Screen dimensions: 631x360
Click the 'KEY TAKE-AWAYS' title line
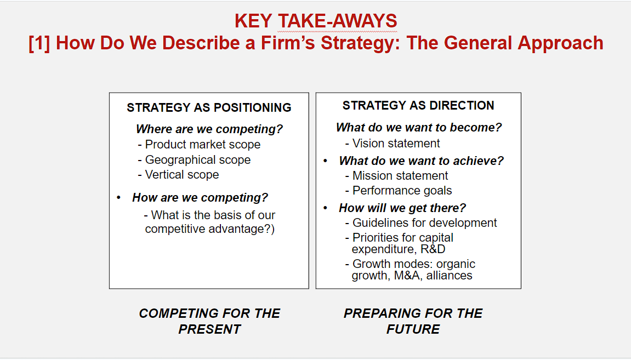(316, 21)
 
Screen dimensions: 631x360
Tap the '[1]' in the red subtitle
(39, 43)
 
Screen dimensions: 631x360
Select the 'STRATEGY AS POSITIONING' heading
(209, 107)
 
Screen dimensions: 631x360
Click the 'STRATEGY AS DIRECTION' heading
(418, 105)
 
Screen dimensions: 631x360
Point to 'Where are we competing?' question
(209, 129)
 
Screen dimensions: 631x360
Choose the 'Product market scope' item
(202, 145)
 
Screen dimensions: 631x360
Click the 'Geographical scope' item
(197, 159)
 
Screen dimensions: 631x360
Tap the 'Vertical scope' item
(182, 175)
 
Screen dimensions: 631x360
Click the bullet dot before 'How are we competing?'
(119, 197)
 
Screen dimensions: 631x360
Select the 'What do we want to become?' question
(419, 128)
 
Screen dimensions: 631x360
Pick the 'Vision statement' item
(396, 143)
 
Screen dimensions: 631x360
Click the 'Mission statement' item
(400, 176)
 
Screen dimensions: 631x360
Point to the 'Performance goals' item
(402, 190)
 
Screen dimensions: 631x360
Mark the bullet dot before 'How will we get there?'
(326, 208)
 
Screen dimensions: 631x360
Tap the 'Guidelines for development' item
(424, 223)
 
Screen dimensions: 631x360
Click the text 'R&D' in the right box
(433, 249)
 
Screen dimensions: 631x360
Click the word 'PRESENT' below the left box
(209, 329)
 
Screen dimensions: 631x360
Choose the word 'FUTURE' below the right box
(413, 329)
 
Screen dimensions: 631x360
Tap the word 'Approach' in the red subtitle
(561, 43)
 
